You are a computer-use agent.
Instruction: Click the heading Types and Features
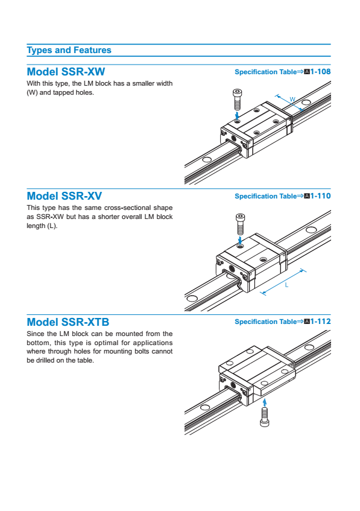(69, 50)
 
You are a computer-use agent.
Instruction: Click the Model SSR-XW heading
(66, 72)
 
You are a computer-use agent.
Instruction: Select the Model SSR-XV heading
(64, 196)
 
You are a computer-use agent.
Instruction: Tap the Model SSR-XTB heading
(68, 322)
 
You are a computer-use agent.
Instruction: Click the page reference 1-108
(320, 72)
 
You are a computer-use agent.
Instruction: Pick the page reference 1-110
(320, 196)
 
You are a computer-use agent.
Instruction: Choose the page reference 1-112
(320, 322)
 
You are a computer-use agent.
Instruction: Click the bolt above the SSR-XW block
(238, 99)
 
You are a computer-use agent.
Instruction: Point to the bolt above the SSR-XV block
(240, 224)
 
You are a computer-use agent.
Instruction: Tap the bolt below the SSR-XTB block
(264, 417)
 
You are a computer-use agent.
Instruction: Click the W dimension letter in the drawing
(292, 100)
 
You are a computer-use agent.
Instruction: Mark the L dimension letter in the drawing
(286, 285)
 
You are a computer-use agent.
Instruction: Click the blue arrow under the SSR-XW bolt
(237, 115)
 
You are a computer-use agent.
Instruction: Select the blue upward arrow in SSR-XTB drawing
(264, 402)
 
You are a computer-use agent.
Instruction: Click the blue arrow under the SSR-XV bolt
(240, 241)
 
